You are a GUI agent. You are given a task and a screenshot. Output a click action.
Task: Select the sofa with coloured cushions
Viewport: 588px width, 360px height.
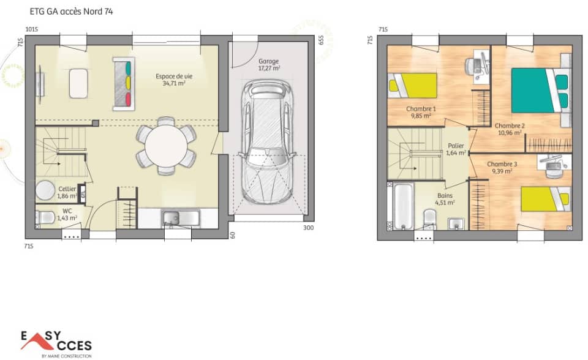point(123,81)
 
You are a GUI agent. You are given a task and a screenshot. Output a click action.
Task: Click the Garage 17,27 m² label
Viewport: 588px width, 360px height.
point(269,65)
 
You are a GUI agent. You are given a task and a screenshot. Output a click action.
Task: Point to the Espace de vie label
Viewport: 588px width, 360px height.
point(174,80)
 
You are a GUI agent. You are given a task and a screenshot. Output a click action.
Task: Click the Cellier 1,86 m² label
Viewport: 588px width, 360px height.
point(67,192)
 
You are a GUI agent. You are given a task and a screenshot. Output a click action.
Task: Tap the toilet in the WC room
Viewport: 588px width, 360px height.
point(45,217)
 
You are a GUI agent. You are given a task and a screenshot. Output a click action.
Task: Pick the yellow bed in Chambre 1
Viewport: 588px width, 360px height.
point(414,85)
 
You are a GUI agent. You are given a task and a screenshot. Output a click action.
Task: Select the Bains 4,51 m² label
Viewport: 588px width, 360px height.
point(445,199)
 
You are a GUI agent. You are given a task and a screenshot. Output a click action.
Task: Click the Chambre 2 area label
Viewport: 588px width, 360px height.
point(509,129)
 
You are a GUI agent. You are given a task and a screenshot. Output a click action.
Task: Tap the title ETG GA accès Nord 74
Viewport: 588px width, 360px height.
point(71,11)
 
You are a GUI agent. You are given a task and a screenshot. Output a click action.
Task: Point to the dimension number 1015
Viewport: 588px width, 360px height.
point(32,29)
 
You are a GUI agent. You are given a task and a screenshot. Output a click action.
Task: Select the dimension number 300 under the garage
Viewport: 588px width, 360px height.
point(308,228)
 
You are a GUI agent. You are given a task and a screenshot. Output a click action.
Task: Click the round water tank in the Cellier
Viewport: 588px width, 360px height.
point(45,191)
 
